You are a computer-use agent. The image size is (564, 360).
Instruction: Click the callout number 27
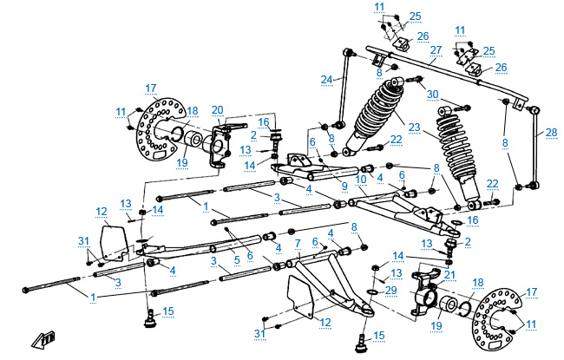436,51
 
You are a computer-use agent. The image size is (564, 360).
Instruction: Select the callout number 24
326,81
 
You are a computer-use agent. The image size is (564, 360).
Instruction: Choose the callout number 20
217,109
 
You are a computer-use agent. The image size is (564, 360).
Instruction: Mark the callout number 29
390,289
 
